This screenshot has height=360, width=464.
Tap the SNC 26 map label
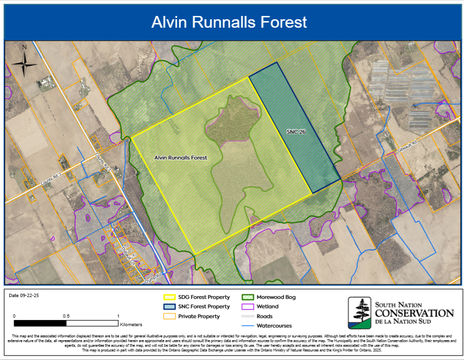pos(296,132)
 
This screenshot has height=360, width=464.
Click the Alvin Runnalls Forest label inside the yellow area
pos(181,158)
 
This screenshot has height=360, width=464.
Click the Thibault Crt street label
pos(128,256)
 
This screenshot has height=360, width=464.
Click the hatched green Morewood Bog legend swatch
pos(247,297)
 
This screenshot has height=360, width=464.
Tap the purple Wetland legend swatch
pos(247,306)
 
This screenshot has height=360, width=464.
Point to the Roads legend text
pos(265,316)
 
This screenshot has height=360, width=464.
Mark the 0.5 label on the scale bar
pos(66,316)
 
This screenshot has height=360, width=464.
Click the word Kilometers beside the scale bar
pos(131,324)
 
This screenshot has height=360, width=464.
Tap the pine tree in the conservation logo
pos(359,310)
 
